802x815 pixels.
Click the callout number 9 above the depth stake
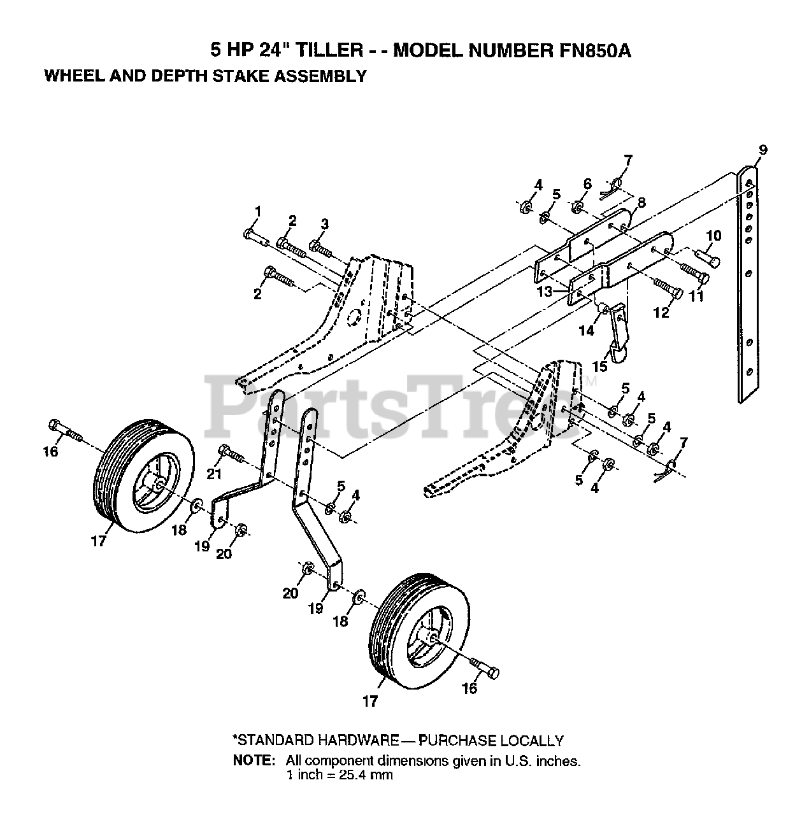point(763,150)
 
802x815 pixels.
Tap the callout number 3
point(325,223)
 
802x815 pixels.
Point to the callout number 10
point(713,236)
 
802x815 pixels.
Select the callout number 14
point(586,330)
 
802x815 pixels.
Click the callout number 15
point(599,367)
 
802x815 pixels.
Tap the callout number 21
point(213,473)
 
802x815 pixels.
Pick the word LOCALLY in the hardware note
point(532,741)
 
